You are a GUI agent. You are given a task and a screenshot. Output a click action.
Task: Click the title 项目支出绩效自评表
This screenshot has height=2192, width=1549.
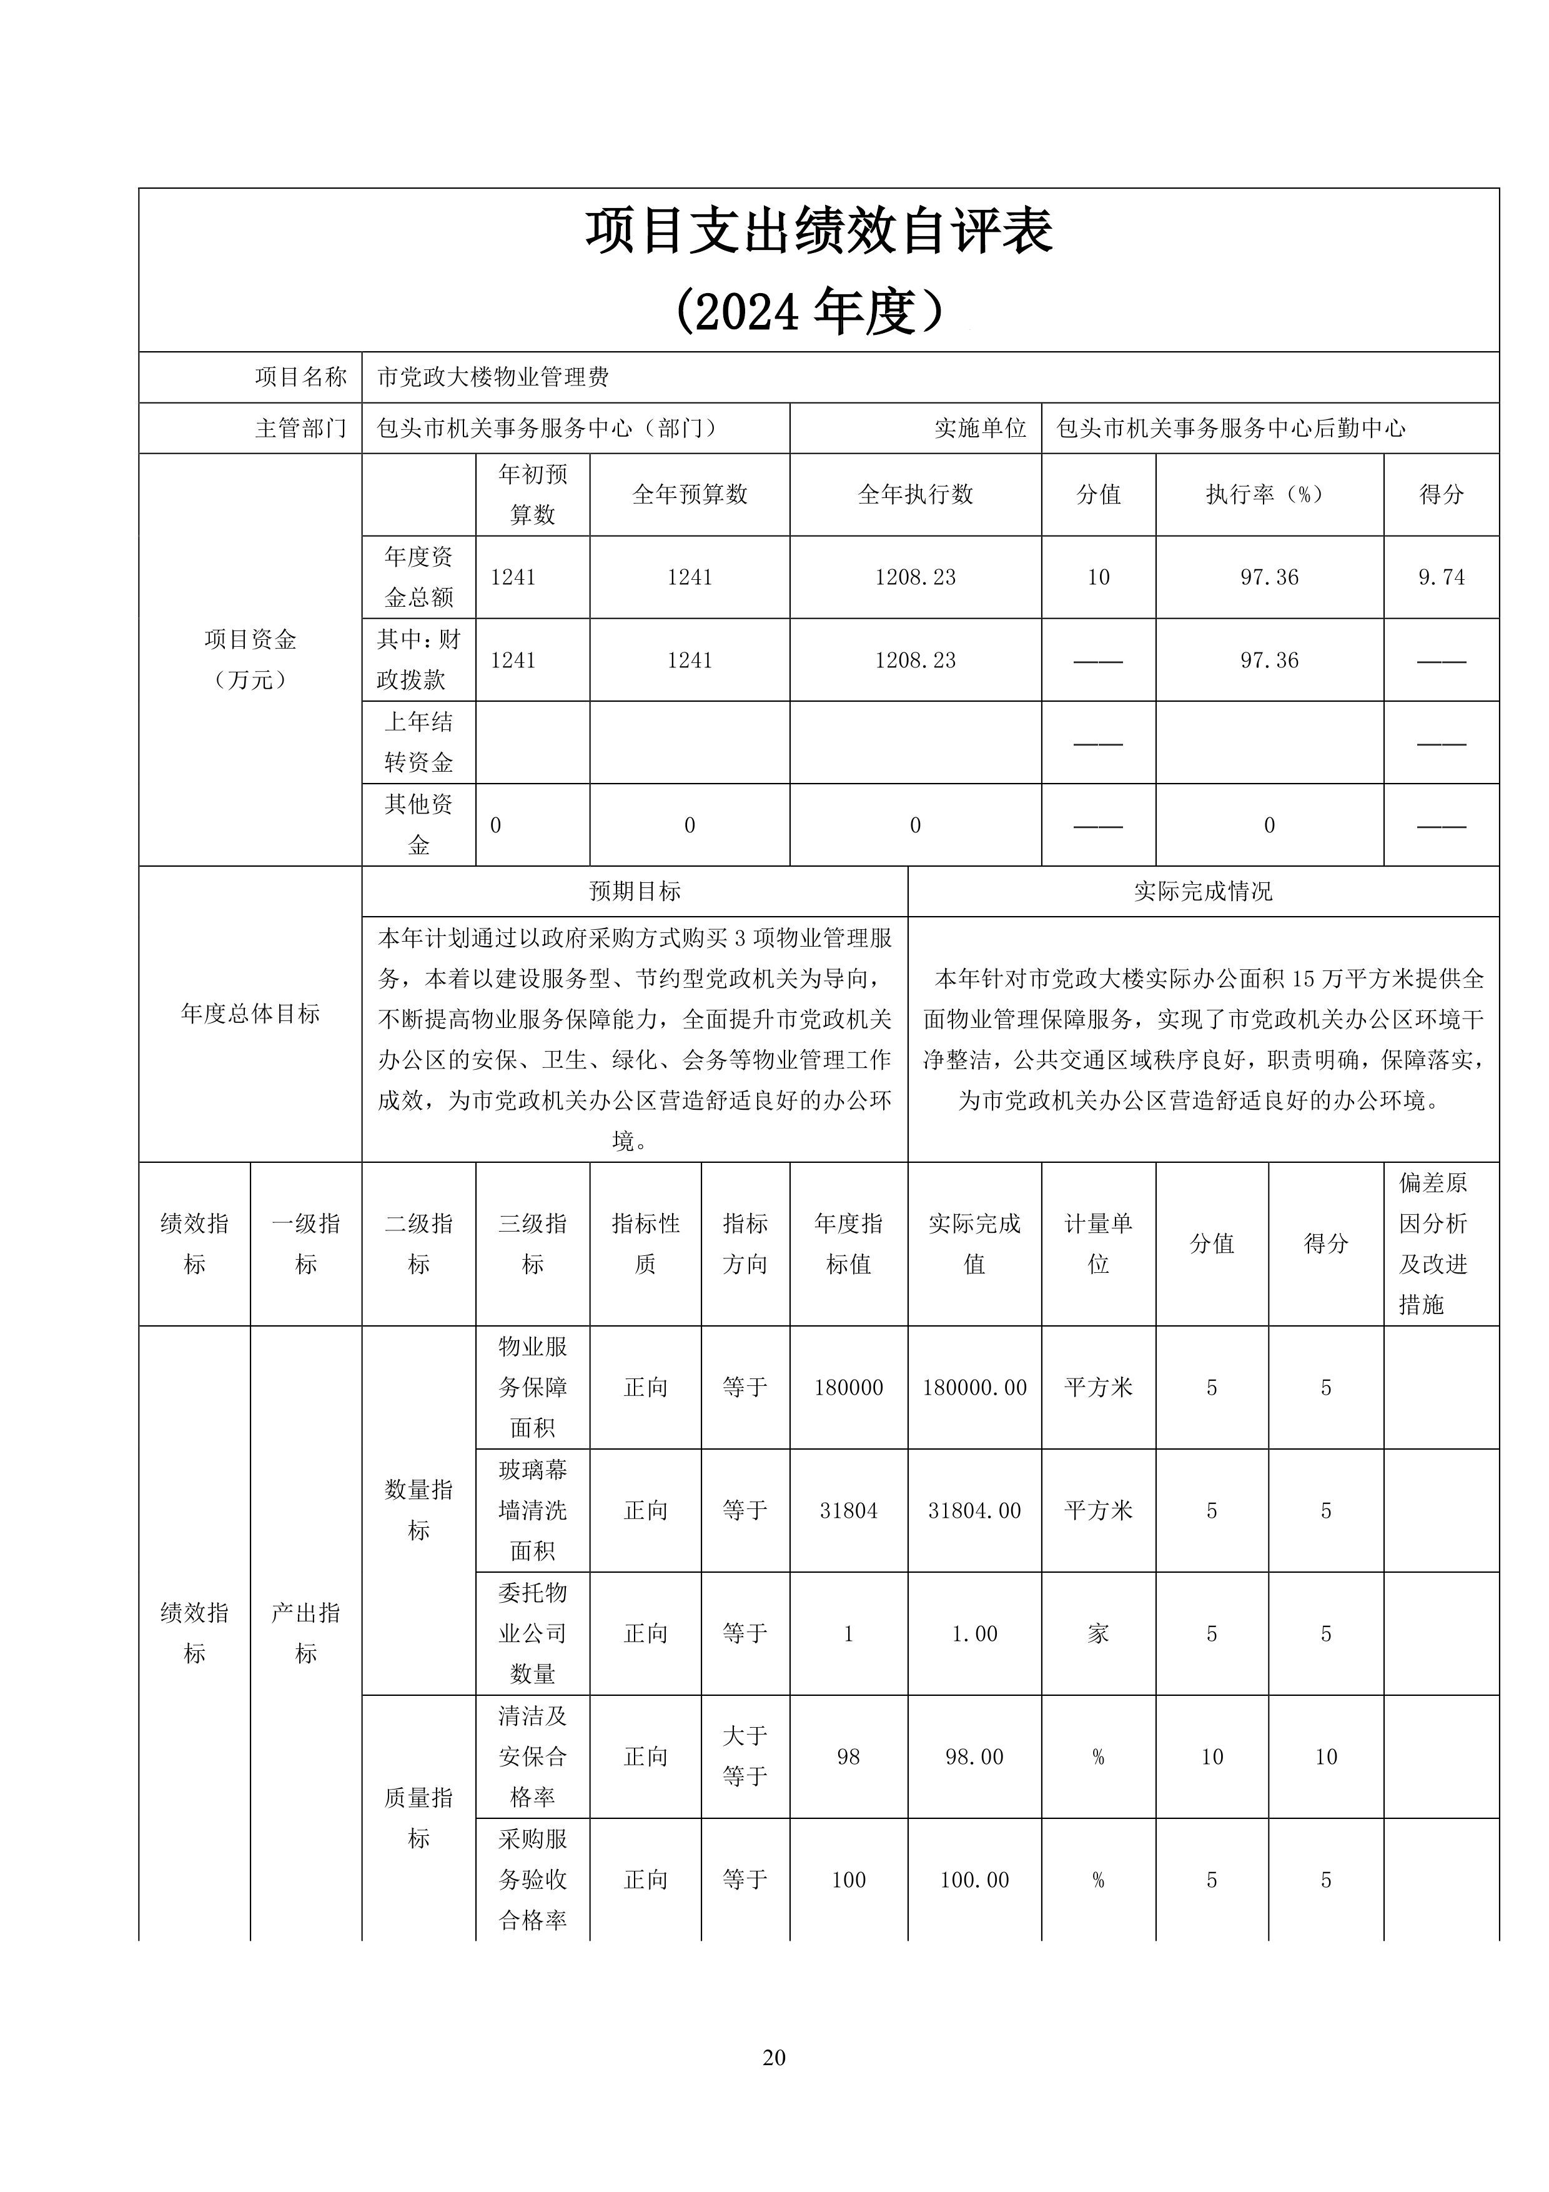tap(819, 232)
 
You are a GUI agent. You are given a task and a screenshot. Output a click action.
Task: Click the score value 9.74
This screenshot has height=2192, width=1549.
tap(1441, 577)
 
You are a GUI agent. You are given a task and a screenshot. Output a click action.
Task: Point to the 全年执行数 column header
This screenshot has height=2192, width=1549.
tap(915, 494)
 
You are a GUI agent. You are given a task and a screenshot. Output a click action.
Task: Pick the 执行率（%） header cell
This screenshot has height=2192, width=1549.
tap(1269, 494)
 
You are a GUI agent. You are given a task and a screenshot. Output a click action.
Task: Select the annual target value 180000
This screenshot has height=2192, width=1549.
tap(848, 1387)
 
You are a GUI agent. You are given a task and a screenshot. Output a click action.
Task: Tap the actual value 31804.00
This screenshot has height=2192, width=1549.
tap(974, 1510)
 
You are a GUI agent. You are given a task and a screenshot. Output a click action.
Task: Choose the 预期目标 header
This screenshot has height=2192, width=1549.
tap(635, 892)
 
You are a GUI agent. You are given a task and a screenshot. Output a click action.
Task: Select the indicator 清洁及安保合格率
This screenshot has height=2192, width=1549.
tap(533, 1756)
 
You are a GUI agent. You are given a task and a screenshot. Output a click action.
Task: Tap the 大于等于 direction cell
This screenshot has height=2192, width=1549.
tap(745, 1756)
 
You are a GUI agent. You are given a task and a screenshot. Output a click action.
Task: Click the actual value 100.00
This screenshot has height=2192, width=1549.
tap(974, 1880)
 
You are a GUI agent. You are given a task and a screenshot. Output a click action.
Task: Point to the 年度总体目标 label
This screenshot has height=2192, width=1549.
tap(250, 1014)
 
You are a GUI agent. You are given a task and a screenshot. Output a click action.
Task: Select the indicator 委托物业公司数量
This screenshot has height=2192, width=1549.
tap(533, 1633)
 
